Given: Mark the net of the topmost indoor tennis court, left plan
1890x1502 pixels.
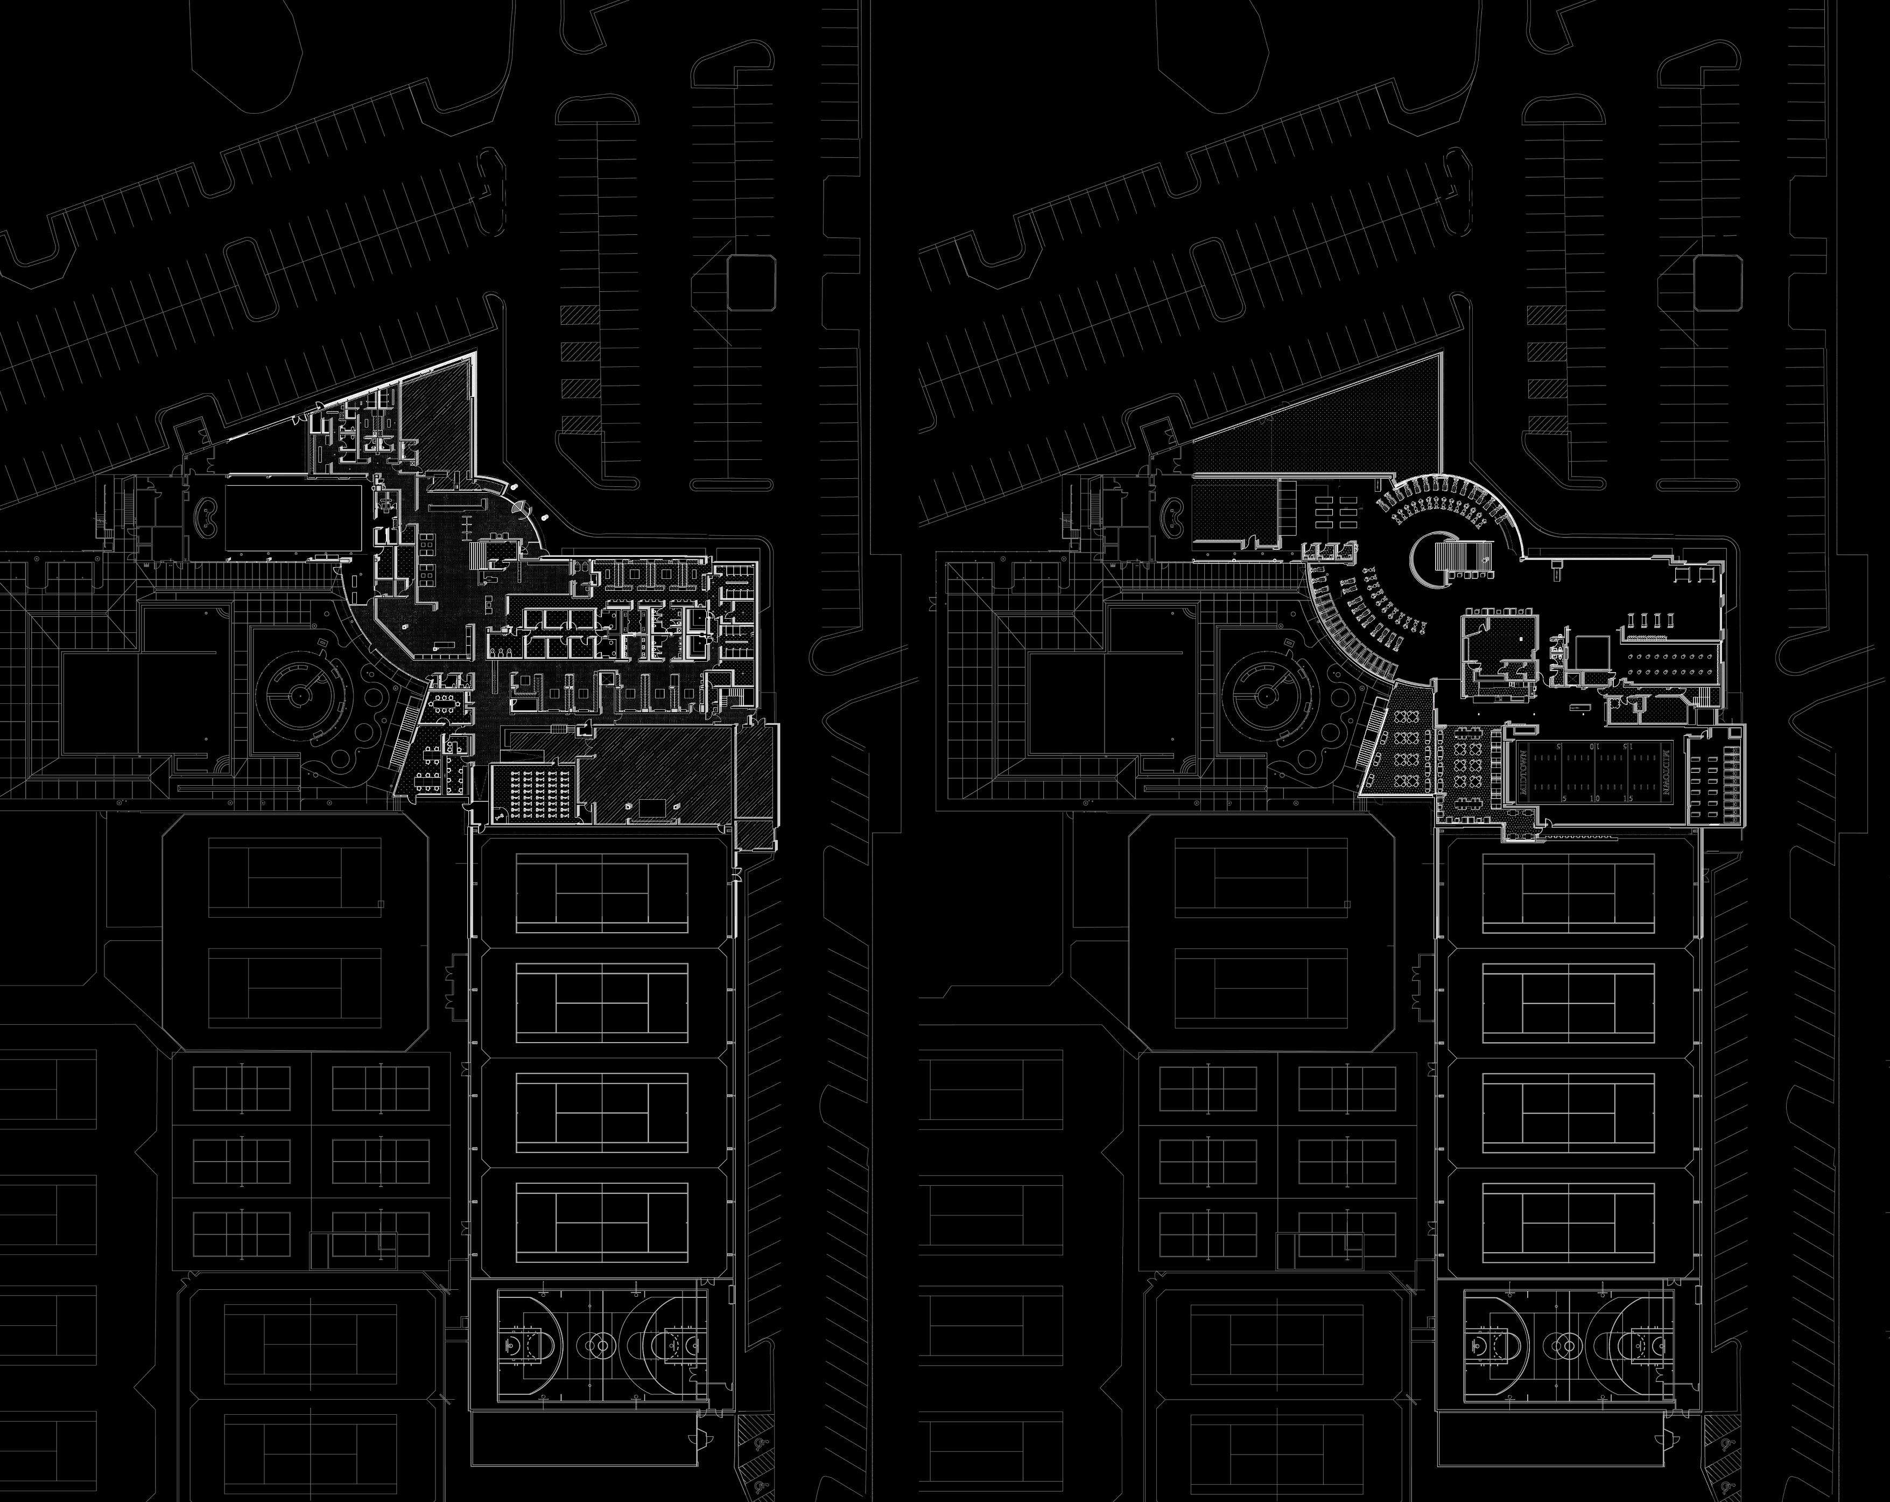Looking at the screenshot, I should pos(601,895).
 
